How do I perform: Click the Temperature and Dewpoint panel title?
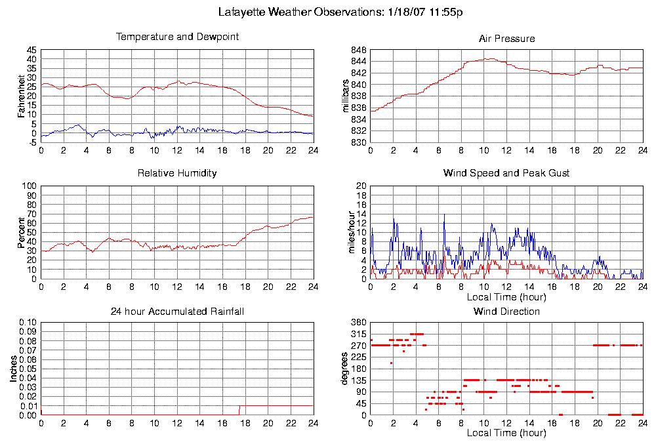point(177,37)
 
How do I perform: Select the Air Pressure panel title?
point(506,39)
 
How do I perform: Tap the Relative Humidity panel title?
point(177,173)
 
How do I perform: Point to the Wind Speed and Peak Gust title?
point(506,173)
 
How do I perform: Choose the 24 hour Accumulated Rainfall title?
point(177,311)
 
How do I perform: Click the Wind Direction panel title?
point(506,311)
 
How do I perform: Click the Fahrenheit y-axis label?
point(21,96)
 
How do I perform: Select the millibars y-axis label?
point(347,96)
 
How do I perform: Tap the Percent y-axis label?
point(21,232)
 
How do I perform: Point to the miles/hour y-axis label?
point(347,232)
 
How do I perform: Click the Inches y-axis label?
point(13,369)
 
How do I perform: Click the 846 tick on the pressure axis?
point(359,50)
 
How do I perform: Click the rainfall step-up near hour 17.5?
point(239,410)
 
